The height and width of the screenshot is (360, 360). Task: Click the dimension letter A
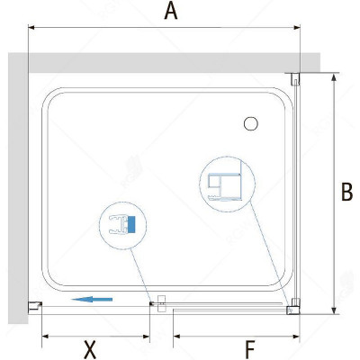171,12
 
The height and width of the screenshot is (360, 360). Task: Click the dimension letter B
346,192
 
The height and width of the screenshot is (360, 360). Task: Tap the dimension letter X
90,349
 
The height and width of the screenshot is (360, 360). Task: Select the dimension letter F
250,349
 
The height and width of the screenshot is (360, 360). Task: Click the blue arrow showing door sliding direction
92,299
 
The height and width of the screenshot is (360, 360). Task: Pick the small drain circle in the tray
251,123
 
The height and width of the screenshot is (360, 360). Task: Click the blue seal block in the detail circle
130,225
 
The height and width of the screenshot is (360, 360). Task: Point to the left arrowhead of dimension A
31,28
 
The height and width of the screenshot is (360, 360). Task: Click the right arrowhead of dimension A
297,28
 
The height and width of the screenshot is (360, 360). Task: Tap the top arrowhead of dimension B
333,76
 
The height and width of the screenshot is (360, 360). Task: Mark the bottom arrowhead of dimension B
333,310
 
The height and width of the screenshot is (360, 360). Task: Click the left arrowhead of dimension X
45,337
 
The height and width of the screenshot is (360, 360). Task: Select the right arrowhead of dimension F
296,337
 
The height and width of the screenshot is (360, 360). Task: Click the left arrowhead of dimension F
177,337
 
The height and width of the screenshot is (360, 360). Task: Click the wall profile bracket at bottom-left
35,307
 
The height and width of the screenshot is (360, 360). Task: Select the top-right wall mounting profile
295,78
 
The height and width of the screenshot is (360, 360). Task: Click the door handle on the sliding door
161,303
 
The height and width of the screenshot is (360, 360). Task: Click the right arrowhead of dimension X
146,337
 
